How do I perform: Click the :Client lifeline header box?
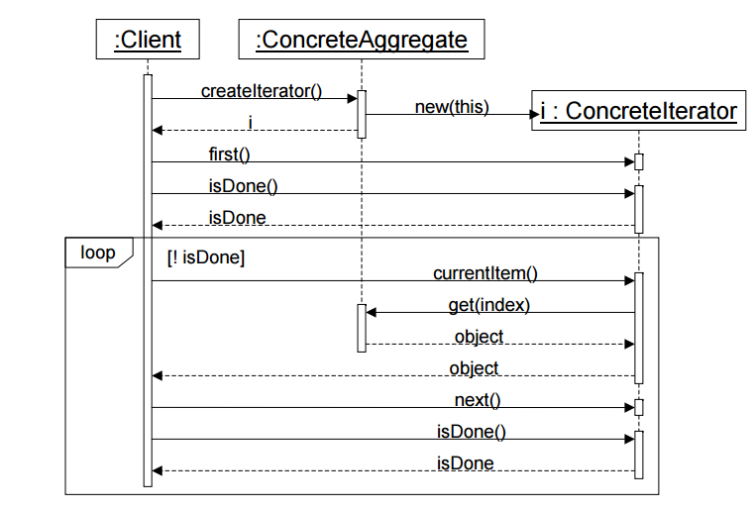click(148, 41)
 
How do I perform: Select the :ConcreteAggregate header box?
click(361, 41)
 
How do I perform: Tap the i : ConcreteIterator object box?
click(638, 111)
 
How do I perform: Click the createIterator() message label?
click(262, 91)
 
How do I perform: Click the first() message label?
click(229, 154)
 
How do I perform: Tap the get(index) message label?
click(489, 305)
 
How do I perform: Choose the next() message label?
click(478, 399)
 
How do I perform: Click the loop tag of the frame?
click(96, 253)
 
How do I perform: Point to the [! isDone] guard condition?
click(207, 258)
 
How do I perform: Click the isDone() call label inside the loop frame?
click(472, 431)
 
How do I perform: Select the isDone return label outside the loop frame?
click(237, 217)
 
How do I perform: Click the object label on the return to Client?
click(474, 368)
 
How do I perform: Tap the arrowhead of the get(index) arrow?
click(372, 313)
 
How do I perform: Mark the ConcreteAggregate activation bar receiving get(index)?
click(362, 328)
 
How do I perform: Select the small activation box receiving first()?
click(639, 161)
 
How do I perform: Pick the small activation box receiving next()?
click(639, 407)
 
